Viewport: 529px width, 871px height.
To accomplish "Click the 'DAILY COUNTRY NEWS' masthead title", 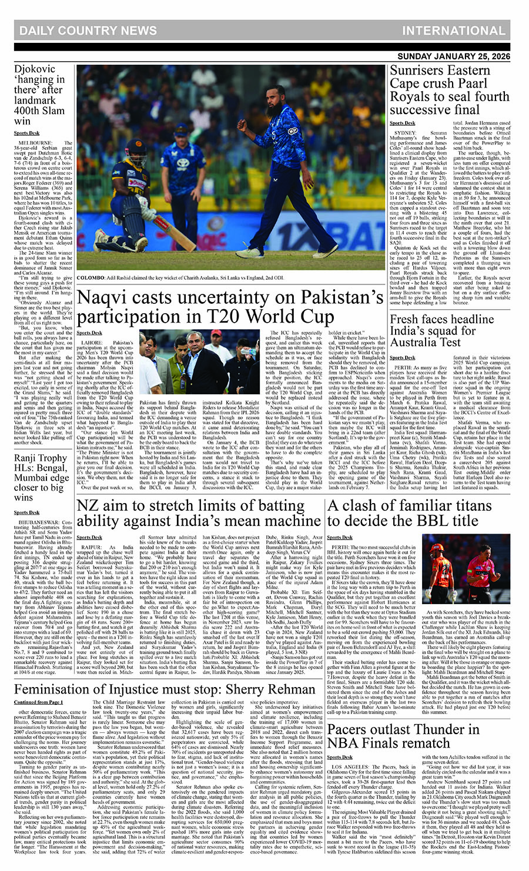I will [88, 31].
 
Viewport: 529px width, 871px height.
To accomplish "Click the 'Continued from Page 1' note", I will [39, 702].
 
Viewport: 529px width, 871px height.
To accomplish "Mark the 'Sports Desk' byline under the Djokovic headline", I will [26, 133].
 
